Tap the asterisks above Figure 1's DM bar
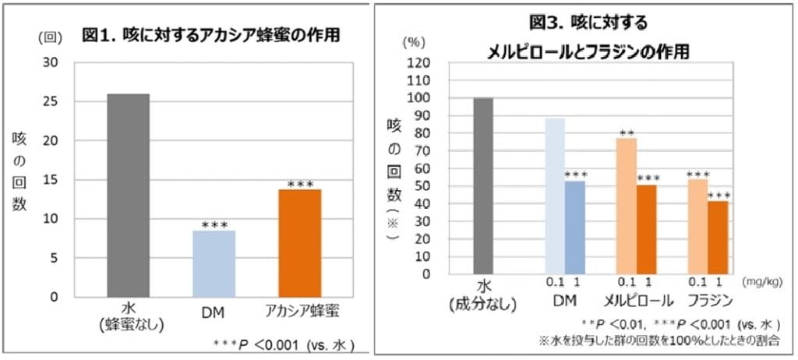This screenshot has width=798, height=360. pos(213,225)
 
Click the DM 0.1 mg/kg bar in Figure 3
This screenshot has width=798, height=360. pos(554,196)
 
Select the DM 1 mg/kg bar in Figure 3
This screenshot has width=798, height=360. pos(575,227)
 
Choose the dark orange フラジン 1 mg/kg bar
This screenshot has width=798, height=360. pos(718,237)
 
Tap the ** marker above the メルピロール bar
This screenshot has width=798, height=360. pos(626,133)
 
